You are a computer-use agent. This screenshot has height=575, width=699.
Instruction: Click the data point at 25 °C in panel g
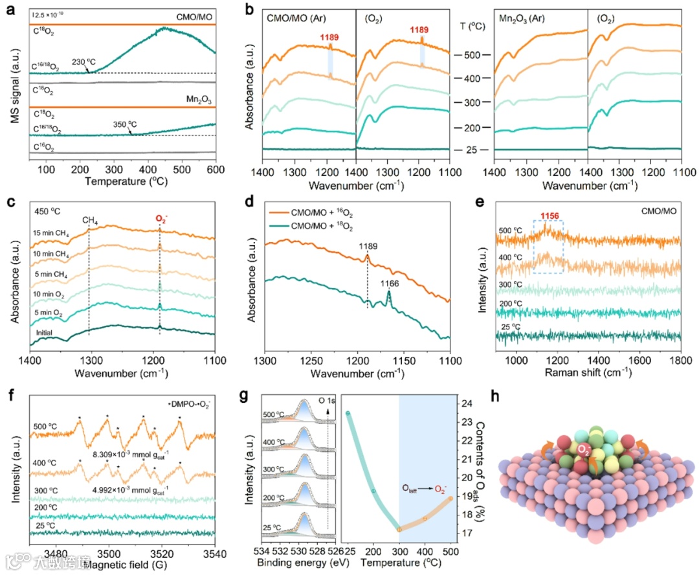pyautogui.click(x=348, y=413)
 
